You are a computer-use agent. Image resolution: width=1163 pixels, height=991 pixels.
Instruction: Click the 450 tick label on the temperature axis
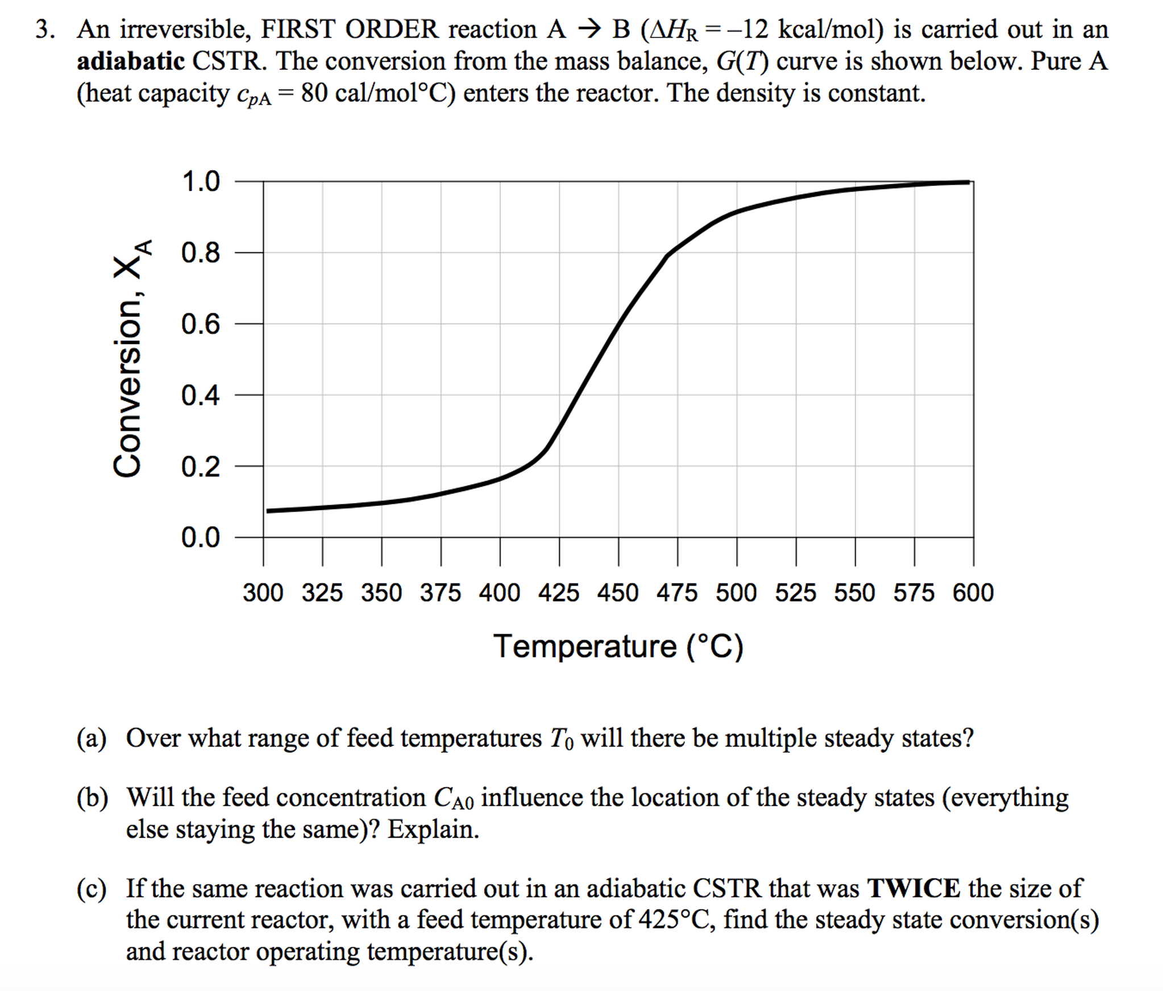pyautogui.click(x=618, y=593)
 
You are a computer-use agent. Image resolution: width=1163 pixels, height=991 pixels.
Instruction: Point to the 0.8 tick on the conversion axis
pyautogui.click(x=200, y=253)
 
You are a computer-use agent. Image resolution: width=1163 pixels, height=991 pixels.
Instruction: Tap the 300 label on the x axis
pyautogui.click(x=263, y=593)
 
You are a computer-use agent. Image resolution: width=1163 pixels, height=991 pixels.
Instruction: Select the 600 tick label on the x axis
pyautogui.click(x=973, y=593)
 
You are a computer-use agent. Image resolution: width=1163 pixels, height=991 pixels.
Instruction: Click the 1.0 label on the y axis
pyautogui.click(x=200, y=182)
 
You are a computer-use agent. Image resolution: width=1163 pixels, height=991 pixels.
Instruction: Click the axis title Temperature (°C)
pyautogui.click(x=618, y=646)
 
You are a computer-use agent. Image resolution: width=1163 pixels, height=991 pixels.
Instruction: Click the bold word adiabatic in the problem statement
pyautogui.click(x=131, y=61)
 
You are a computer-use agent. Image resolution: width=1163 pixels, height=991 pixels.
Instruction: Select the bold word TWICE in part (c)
pyautogui.click(x=913, y=888)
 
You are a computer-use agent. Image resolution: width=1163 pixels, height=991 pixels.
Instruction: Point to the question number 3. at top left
pyautogui.click(x=45, y=30)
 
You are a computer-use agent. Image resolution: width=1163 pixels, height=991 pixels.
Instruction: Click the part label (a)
pyautogui.click(x=92, y=739)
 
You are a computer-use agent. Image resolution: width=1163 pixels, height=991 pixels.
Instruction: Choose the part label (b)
pyautogui.click(x=92, y=798)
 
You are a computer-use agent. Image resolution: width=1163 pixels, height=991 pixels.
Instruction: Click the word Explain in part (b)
pyautogui.click(x=433, y=830)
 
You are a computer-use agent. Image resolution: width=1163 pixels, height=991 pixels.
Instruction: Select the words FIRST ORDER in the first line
pyautogui.click(x=350, y=30)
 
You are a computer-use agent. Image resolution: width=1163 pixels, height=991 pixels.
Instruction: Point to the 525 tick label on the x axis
pyautogui.click(x=796, y=593)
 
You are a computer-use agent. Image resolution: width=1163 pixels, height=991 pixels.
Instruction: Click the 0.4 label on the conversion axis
pyautogui.click(x=200, y=396)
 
